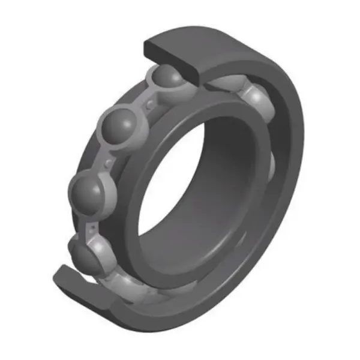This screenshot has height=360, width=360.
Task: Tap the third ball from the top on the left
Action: [90, 191]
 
